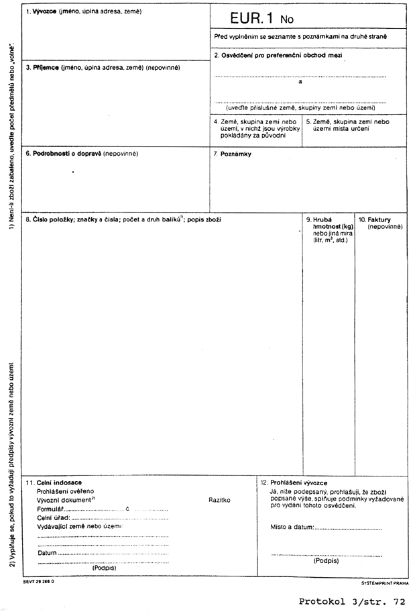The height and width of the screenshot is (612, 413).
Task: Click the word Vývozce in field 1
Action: point(46,12)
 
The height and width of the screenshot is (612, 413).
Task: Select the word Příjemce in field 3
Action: point(45,68)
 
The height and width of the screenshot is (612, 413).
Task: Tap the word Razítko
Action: point(219,501)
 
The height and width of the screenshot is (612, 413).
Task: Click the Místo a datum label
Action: point(292,528)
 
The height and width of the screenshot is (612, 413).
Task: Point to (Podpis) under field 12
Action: point(326,560)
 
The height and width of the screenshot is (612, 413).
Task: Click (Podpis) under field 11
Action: point(104,567)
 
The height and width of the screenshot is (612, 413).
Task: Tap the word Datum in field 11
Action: point(47,553)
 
